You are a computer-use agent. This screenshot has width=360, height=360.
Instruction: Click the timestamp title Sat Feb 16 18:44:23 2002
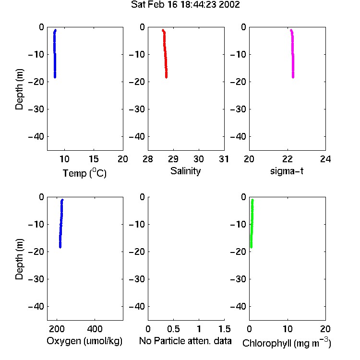click(185, 5)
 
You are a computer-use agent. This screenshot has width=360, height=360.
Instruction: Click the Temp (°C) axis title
click(84, 173)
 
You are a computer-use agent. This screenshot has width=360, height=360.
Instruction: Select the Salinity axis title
click(185, 171)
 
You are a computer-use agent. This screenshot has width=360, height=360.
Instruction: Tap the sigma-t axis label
click(287, 171)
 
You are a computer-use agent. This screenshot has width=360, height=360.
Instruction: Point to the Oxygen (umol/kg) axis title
click(84, 341)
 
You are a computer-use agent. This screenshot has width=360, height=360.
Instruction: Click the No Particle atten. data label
click(185, 341)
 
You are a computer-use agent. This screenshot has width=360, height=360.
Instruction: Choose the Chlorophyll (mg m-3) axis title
click(287, 343)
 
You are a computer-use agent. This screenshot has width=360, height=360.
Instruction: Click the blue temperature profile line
click(55, 54)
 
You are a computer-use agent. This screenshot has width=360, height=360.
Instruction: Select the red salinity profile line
click(165, 54)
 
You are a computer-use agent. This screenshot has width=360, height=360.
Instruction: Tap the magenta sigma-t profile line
click(292, 54)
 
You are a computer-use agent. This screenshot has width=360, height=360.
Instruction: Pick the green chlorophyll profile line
click(252, 224)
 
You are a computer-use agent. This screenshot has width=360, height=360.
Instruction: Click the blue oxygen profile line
click(61, 224)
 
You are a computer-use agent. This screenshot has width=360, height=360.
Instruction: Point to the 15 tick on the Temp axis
click(94, 159)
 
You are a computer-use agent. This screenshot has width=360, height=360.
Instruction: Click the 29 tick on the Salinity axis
click(173, 159)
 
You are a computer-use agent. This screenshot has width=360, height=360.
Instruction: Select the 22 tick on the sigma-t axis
click(287, 159)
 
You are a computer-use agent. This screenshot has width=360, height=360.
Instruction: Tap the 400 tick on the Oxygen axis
click(95, 329)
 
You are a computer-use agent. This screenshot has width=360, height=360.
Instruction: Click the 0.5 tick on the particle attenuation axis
click(173, 329)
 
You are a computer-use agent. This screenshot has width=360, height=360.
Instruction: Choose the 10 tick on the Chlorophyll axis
click(288, 329)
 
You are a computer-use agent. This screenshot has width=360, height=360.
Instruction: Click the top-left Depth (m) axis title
click(19, 89)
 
